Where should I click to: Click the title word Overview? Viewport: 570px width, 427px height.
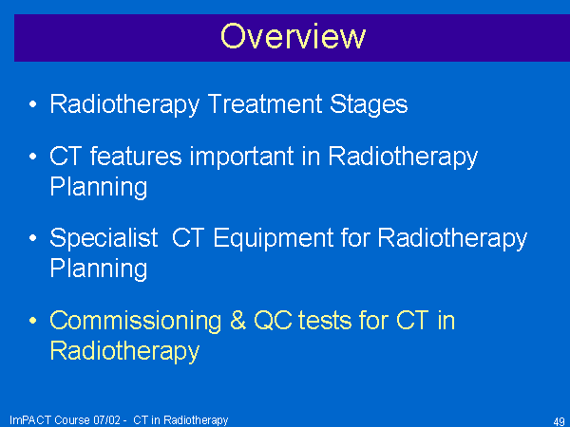(293, 36)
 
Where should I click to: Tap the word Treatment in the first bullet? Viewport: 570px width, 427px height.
(265, 104)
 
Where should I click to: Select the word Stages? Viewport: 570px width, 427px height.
(369, 105)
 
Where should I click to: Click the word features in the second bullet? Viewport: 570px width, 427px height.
(136, 157)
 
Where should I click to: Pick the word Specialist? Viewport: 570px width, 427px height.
(104, 239)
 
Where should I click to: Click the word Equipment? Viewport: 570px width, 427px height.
(274, 239)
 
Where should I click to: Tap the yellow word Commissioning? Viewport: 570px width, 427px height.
(135, 322)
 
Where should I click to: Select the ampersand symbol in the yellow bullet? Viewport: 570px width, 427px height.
(237, 321)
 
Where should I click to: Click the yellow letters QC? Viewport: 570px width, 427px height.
(273, 321)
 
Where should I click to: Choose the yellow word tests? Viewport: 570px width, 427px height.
(325, 322)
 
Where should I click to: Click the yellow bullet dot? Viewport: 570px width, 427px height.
(32, 321)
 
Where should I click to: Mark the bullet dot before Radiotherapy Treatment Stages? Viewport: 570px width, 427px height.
(32, 104)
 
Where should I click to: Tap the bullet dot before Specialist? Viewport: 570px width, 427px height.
(32, 238)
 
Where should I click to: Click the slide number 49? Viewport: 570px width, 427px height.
(559, 421)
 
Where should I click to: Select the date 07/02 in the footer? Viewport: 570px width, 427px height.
(106, 420)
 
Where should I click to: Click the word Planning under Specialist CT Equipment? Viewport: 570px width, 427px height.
(99, 269)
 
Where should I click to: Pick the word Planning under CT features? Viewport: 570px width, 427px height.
(99, 188)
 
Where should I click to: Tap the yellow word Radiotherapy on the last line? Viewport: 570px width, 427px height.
(124, 352)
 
